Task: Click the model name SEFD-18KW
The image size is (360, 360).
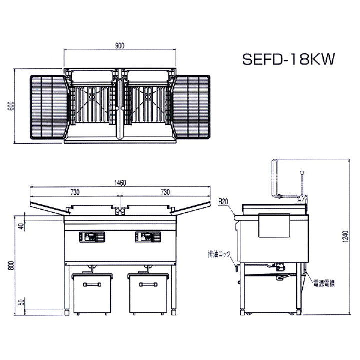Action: pyautogui.click(x=288, y=59)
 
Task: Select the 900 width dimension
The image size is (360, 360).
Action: pyautogui.click(x=120, y=46)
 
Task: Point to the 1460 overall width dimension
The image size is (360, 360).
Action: pyautogui.click(x=120, y=183)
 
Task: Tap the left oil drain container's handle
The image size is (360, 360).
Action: pyautogui.click(x=92, y=285)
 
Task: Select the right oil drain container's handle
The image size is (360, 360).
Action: pyautogui.click(x=148, y=285)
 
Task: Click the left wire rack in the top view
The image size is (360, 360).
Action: pyautogui.click(x=49, y=107)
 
